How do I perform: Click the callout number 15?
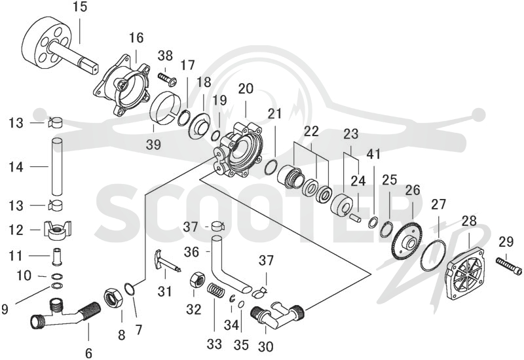click(80, 7)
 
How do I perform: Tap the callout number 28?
click(470, 221)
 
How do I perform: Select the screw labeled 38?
click(168, 79)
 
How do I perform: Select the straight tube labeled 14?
click(57, 166)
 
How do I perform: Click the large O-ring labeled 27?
click(433, 255)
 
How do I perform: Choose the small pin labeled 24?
click(354, 217)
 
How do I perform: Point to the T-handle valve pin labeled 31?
click(166, 261)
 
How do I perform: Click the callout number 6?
click(88, 353)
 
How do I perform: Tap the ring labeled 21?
click(271, 167)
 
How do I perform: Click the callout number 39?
click(153, 145)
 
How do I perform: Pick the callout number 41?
click(373, 154)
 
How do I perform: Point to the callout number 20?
click(246, 89)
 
